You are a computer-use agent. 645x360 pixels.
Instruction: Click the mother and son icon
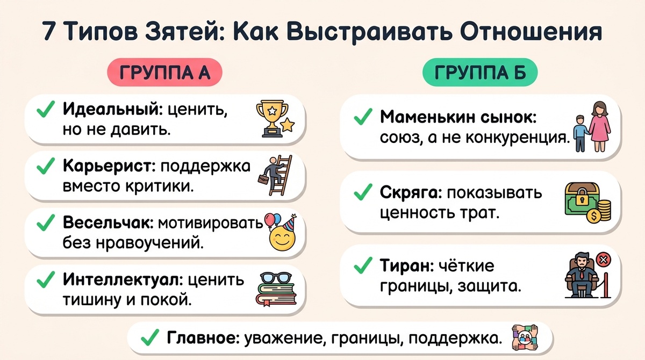(593, 128)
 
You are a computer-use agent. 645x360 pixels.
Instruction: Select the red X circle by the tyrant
(603, 260)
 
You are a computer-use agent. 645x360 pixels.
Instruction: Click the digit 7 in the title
(49, 32)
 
